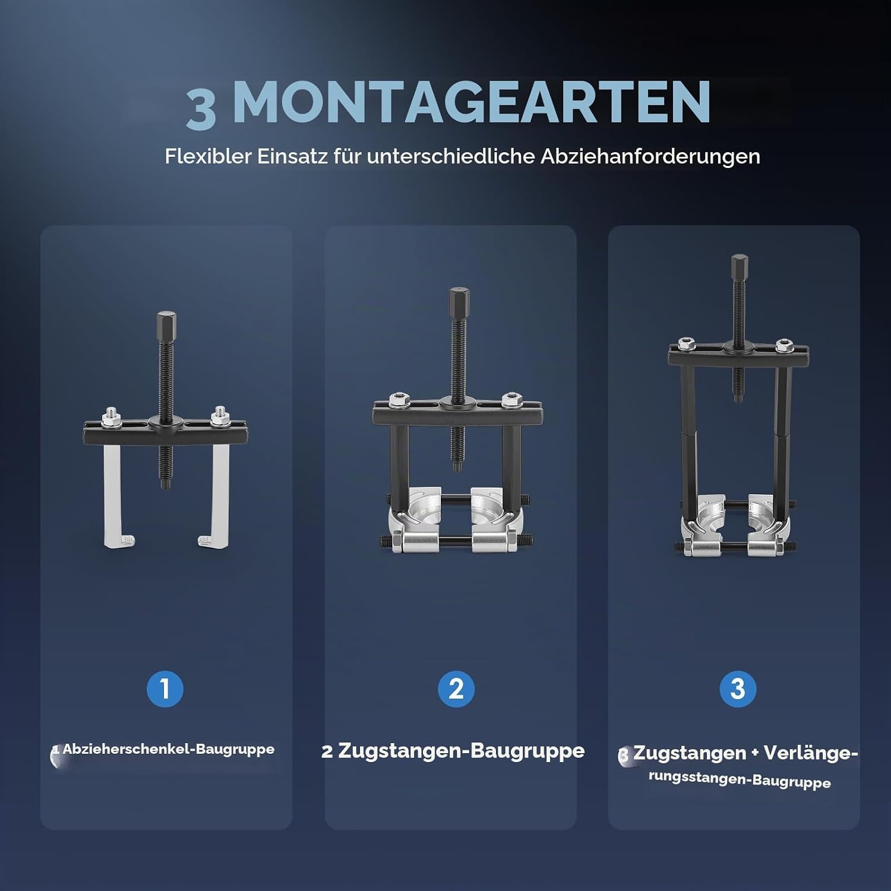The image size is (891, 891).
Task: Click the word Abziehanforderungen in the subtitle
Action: [650, 156]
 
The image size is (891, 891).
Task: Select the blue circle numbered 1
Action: [165, 689]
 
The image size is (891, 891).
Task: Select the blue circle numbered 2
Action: [456, 689]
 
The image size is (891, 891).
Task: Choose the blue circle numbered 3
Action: [738, 689]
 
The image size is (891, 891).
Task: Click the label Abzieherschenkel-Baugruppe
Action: [169, 749]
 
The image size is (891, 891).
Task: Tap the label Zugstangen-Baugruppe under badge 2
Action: [461, 751]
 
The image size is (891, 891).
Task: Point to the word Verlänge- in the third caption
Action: [811, 753]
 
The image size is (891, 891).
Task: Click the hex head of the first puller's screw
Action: [166, 324]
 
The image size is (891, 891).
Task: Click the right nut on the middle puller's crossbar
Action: [510, 400]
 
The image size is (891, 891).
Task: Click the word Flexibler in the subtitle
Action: [208, 156]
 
